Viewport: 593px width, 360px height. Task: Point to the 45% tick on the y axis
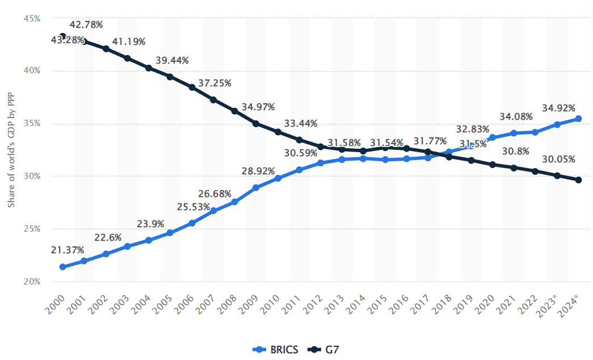[x=32, y=18]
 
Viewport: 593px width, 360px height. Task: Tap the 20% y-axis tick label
[x=32, y=282]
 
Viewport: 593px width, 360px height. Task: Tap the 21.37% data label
[x=68, y=250]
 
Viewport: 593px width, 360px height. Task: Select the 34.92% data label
[x=558, y=108]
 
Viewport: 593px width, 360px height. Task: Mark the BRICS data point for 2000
[x=62, y=267]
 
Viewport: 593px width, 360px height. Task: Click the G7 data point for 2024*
[x=578, y=180]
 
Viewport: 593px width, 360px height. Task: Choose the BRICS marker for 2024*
[x=578, y=119]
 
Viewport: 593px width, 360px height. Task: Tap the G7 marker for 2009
[x=256, y=124]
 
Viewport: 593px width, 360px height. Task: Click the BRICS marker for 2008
[x=234, y=202]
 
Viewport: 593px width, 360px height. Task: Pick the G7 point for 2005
[x=170, y=77]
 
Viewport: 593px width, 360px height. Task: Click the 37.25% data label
[x=215, y=83]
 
